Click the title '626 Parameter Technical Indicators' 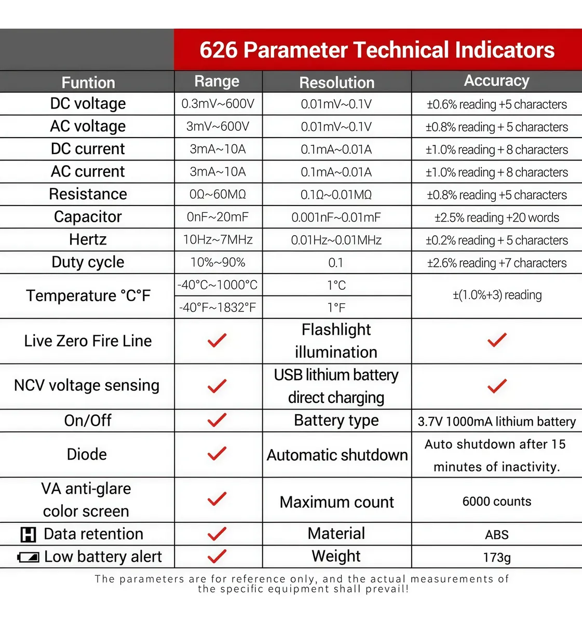point(377,50)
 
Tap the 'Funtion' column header point(88,83)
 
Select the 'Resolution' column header point(336,83)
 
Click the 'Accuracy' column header point(496,80)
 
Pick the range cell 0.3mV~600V point(218,104)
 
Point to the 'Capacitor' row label point(88,217)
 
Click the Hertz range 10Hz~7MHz point(218,240)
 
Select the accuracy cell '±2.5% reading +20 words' point(497,218)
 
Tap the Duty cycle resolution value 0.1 point(336,263)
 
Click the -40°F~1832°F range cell point(218,307)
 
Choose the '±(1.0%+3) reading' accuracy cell point(497,295)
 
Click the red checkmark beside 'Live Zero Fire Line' point(217,340)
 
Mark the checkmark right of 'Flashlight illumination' point(497,340)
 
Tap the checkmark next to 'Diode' point(217,453)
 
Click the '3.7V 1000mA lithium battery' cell point(497,421)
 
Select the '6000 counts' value point(497,502)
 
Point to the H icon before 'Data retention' point(28,535)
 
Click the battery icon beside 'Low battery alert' point(28,557)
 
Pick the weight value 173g point(497,558)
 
